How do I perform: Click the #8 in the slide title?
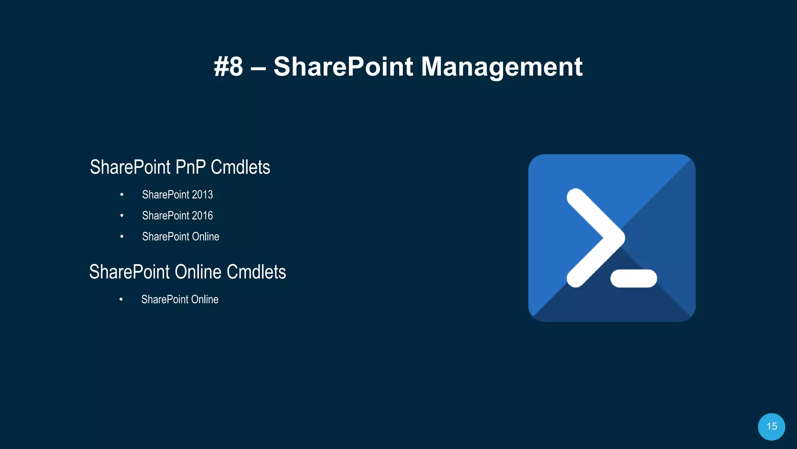[228, 67]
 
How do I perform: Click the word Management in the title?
[502, 67]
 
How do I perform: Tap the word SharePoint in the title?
[343, 67]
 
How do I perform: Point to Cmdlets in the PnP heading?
[240, 167]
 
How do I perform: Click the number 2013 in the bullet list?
[202, 194]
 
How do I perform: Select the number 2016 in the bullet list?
[202, 216]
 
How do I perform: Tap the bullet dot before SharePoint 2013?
[122, 194]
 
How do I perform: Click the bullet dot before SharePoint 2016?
[122, 216]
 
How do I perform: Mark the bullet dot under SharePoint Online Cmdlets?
[121, 299]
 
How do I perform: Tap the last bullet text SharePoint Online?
[180, 299]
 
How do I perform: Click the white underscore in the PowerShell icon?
[634, 278]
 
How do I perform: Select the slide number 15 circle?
[771, 426]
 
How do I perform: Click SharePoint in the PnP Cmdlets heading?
[130, 167]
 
